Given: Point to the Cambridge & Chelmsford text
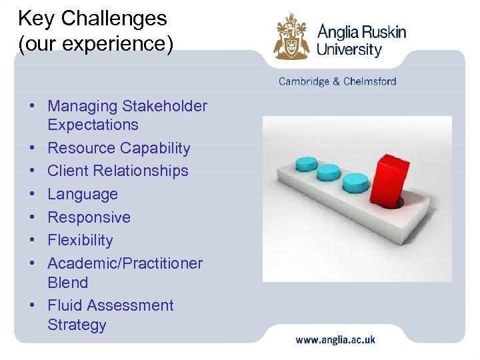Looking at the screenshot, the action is click(x=337, y=81).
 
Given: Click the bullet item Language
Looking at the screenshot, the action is click(x=83, y=194).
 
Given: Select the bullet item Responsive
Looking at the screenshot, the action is click(x=89, y=217).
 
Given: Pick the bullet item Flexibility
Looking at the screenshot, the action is click(x=81, y=240).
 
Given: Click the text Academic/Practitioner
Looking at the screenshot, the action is click(x=125, y=263).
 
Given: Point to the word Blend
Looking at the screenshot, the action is click(x=68, y=283).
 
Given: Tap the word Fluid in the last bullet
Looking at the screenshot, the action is click(x=65, y=305).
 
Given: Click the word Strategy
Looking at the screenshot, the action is click(x=77, y=325).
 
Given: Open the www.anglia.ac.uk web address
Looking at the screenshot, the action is click(x=335, y=339).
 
